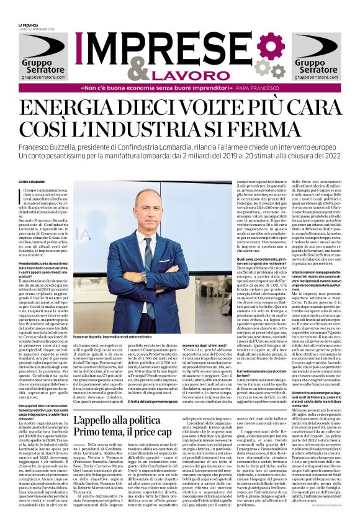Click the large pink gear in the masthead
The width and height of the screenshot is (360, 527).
pos(270,46)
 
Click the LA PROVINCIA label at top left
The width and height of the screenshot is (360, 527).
pos(29,24)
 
